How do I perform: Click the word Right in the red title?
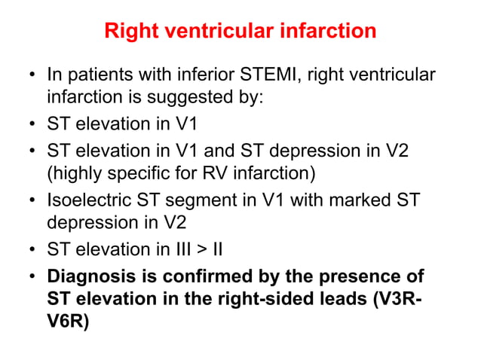(x=127, y=31)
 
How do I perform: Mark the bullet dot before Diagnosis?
(x=32, y=276)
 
